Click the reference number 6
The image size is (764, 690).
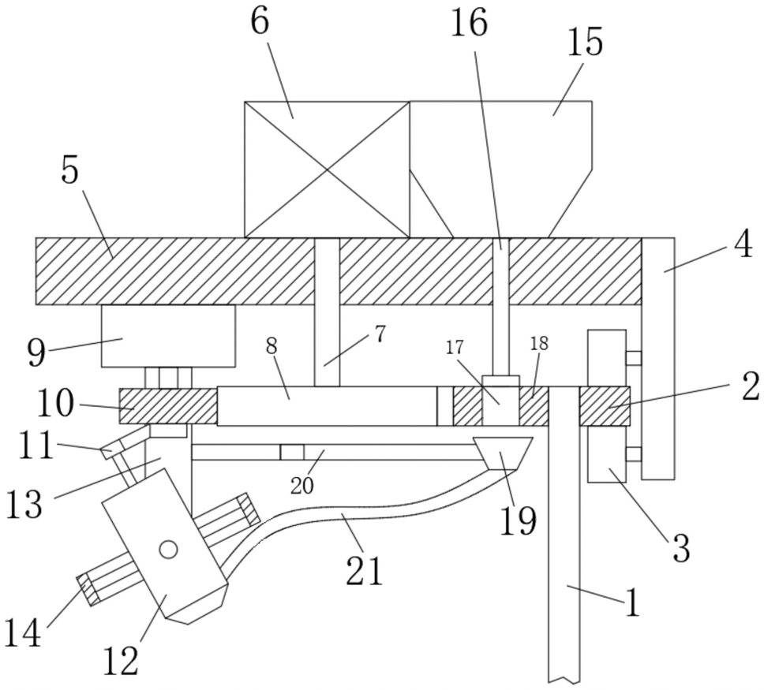click(260, 22)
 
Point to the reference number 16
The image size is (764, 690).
click(468, 23)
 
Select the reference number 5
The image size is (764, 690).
click(69, 170)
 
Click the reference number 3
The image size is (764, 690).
click(680, 548)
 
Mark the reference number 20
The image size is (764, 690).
click(302, 486)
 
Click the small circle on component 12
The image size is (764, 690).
click(169, 550)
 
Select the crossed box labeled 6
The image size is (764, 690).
click(327, 170)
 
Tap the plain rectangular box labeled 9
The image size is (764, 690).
click(168, 336)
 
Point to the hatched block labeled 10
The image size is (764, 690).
click(168, 406)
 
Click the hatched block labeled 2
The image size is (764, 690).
click(605, 406)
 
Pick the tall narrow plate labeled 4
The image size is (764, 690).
click(658, 358)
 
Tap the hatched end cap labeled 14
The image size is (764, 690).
click(88, 589)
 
